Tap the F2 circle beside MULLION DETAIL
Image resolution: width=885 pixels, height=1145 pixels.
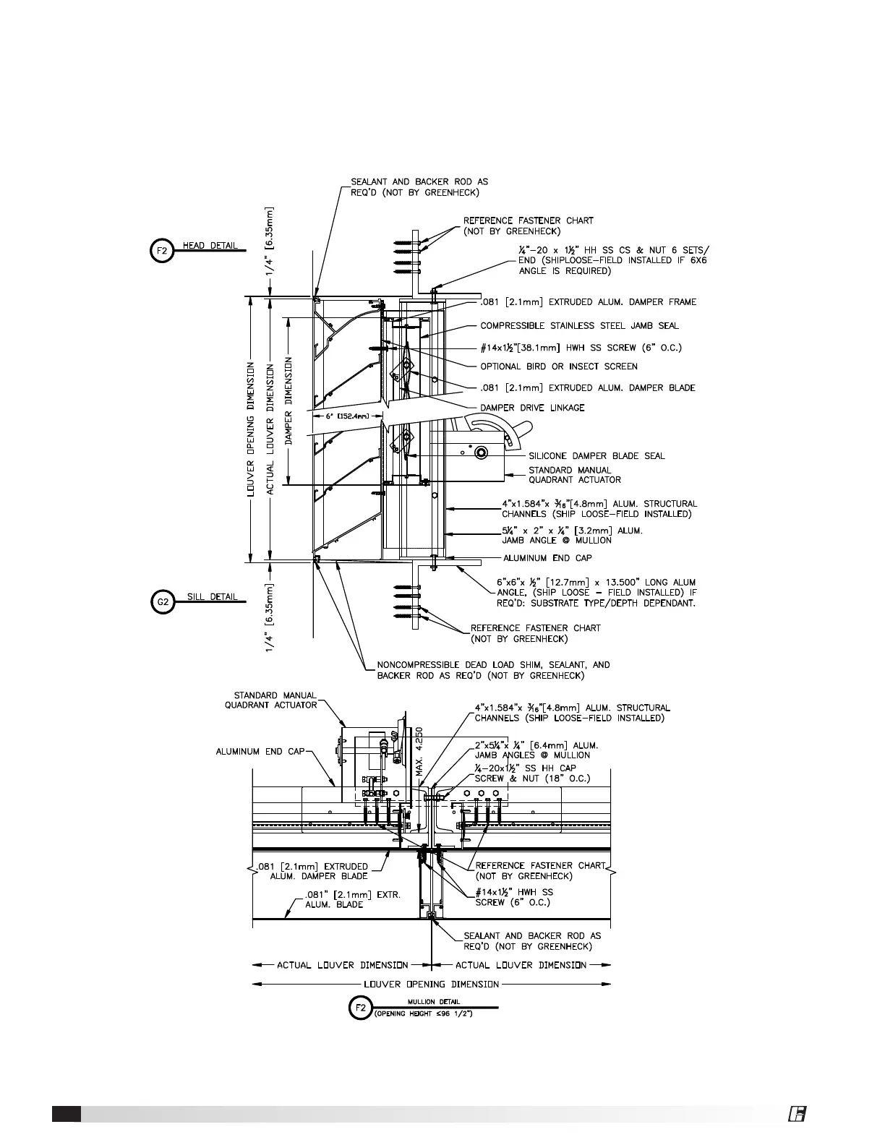point(359,1008)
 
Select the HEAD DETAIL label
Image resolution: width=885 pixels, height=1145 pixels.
point(210,246)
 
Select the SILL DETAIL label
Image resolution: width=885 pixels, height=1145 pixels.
point(210,597)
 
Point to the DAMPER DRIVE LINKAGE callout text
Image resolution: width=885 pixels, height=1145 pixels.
point(533,408)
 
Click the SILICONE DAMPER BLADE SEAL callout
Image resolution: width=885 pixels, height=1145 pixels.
point(597,456)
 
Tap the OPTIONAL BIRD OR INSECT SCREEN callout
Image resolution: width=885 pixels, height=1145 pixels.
point(559,366)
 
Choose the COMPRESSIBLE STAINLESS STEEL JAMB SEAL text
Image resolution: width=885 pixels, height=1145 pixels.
point(579,326)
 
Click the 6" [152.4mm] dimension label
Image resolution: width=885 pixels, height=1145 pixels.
point(348,416)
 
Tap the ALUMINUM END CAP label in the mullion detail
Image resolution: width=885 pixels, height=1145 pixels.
point(260,752)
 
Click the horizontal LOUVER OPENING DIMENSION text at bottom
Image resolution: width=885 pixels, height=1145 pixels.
point(432,984)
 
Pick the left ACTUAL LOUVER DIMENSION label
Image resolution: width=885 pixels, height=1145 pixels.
point(343,965)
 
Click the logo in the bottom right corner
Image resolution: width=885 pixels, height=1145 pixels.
point(797,1115)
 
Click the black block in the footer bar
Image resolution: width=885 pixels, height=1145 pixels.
point(66,1114)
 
